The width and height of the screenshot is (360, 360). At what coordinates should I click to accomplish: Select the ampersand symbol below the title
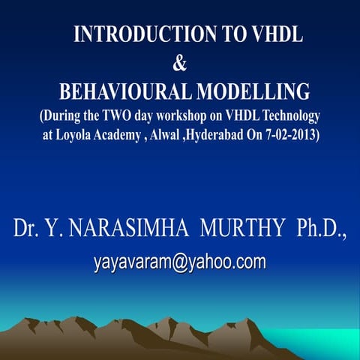180,64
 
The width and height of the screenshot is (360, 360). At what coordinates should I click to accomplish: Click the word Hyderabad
238,136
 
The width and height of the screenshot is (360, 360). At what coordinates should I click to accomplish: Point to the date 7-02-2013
295,136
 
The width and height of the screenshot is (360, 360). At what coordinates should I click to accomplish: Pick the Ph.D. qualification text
319,229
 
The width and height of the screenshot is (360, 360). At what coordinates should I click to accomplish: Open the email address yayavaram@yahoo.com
180,262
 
